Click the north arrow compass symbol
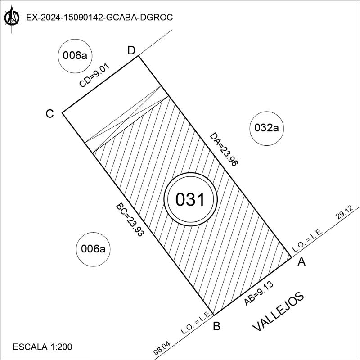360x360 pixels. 12,18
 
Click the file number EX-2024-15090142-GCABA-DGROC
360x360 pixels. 99,18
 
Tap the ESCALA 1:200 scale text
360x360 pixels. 43,347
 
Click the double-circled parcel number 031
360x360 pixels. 190,199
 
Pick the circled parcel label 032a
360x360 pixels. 267,128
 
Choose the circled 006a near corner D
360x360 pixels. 75,56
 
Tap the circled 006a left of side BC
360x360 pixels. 93,248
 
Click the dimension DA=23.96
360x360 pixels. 224,150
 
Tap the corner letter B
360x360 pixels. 216,326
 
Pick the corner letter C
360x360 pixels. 50,114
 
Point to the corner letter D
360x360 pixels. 131,50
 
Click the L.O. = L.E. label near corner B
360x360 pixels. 197,323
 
